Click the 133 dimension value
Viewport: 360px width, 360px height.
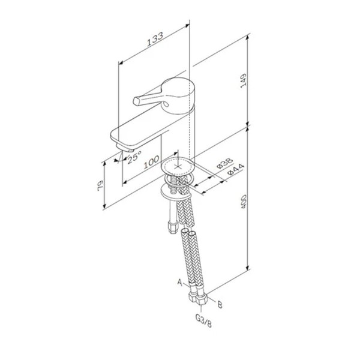tap(155, 39)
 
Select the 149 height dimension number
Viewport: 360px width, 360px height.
tap(243, 80)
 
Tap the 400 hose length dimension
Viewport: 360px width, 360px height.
tap(244, 202)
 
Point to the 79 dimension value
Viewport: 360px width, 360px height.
tap(101, 185)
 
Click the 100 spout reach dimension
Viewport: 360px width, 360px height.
tap(151, 162)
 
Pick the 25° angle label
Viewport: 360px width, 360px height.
tap(134, 157)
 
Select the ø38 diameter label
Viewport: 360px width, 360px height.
tap(225, 163)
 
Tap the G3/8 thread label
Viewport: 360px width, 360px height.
tap(203, 321)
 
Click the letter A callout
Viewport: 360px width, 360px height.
tap(180, 282)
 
